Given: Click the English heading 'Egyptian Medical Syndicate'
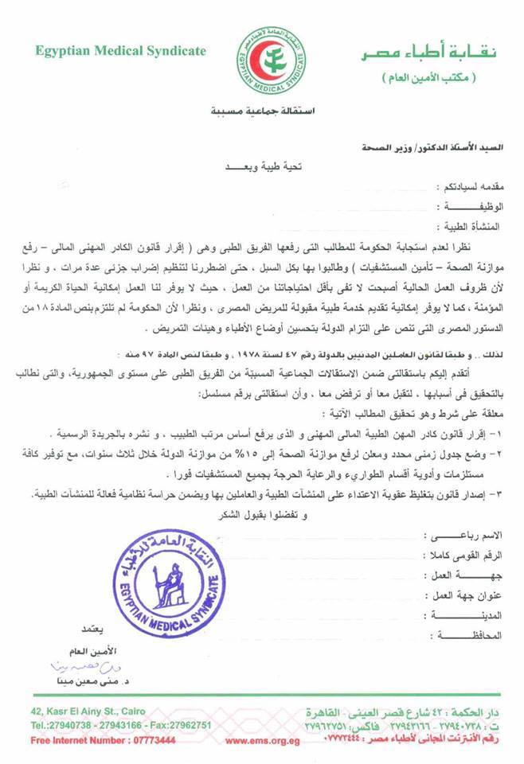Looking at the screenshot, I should [120, 51].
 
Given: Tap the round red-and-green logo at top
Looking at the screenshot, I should [260, 61].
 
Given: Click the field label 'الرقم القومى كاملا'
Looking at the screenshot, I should [469, 555].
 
